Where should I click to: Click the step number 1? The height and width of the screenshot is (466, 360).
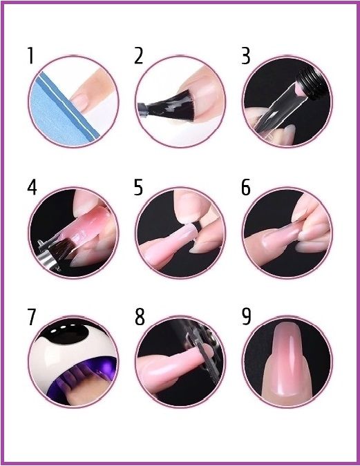(30, 56)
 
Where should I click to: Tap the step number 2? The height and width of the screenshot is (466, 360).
(138, 56)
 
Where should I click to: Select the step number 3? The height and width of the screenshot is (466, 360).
(245, 56)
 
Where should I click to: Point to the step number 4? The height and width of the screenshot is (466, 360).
(32, 187)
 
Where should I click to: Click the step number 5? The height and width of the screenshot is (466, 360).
(138, 187)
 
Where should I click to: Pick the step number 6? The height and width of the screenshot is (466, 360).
(246, 187)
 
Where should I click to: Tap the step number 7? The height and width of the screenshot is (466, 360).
(32, 317)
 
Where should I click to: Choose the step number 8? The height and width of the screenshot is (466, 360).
(140, 317)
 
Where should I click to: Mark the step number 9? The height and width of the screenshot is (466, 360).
(247, 317)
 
